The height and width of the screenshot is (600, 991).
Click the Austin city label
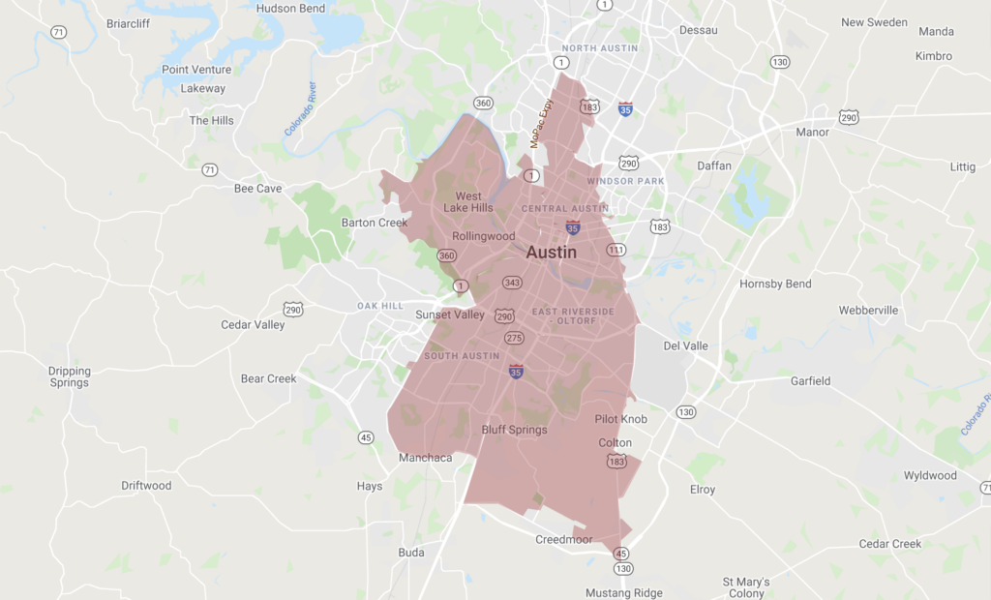552,253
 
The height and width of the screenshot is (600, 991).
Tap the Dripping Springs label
69,376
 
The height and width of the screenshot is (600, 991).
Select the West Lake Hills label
468,202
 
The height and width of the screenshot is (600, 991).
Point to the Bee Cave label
257,189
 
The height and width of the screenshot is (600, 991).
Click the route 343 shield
512,283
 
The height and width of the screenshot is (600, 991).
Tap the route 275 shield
514,338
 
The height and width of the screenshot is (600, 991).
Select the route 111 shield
616,251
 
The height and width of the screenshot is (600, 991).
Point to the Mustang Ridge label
624,592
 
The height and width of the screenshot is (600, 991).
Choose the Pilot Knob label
620,419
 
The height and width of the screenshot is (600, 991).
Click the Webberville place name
868,311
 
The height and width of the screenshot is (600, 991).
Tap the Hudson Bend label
289,8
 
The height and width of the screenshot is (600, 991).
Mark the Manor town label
812,132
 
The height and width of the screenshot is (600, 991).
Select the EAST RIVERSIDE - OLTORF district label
572,316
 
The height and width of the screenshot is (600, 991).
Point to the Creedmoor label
564,540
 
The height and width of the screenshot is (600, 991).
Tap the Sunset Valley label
450,315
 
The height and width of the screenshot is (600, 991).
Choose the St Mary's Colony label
745,587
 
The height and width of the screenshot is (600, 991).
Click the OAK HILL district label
380,306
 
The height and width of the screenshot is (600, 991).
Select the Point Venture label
196,70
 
